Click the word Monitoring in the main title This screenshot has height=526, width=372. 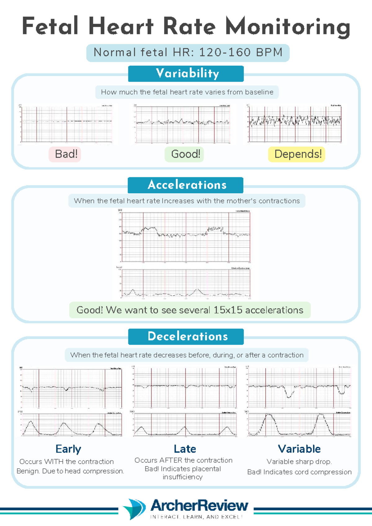coord(288,27)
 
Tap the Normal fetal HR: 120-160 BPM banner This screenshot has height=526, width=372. coord(188,52)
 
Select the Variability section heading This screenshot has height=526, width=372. coord(186,73)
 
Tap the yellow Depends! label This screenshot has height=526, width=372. coord(297,154)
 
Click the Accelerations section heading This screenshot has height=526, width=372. coord(186,185)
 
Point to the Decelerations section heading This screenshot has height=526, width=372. coord(186,336)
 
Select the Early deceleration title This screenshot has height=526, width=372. coord(68,449)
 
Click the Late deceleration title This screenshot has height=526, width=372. coord(185,449)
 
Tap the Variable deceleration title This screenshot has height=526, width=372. coord(299,449)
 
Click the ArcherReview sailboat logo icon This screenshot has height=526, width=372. coord(135,508)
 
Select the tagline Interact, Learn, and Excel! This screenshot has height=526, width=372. coord(196,517)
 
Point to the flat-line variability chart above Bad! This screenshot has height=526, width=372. coord(66,124)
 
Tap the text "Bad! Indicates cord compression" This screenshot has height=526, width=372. coord(299,472)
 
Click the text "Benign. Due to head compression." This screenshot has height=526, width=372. coord(70,471)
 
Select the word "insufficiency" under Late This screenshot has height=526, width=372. coord(183,477)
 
